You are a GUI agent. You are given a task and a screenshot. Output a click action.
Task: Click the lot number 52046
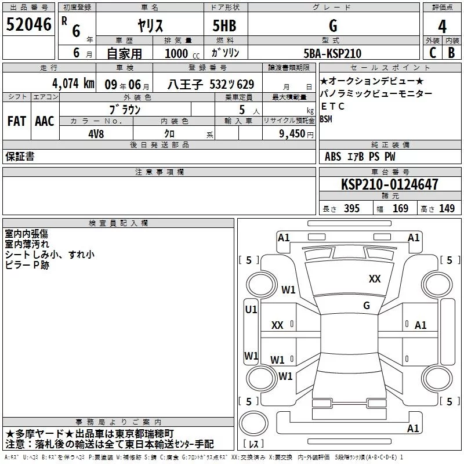click(x=28, y=24)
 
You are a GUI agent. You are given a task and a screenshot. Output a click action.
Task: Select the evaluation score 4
click(x=442, y=27)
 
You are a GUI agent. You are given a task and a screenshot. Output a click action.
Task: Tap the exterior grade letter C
click(x=433, y=53)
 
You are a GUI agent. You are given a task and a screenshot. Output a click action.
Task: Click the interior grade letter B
click(x=451, y=53)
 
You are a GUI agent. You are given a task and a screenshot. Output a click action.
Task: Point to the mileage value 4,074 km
click(x=73, y=84)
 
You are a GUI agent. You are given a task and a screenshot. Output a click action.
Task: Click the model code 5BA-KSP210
click(x=332, y=53)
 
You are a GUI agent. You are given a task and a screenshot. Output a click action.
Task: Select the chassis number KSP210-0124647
click(x=389, y=184)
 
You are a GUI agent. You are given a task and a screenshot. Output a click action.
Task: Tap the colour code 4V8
click(x=96, y=134)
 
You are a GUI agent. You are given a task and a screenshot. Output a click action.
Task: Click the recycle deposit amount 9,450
click(x=292, y=134)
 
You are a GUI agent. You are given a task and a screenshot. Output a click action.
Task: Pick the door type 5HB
click(x=224, y=26)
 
